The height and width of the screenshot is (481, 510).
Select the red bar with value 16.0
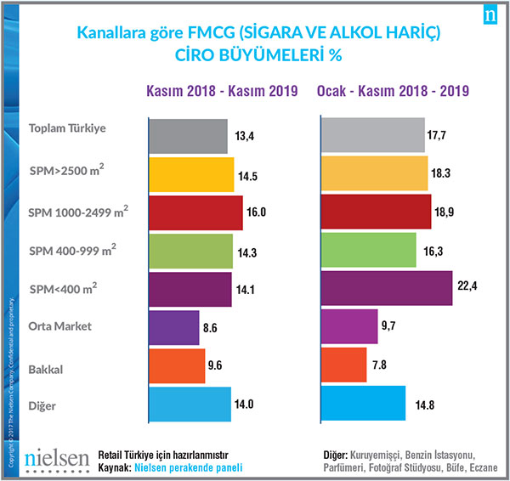pyautogui.click(x=195, y=212)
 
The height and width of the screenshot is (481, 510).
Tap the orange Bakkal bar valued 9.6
pyautogui.click(x=177, y=365)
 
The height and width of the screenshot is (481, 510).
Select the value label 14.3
pyautogui.click(x=248, y=252)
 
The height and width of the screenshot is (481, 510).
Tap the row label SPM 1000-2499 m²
pyautogui.click(x=73, y=210)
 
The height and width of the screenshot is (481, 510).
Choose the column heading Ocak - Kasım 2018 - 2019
pyautogui.click(x=394, y=90)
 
